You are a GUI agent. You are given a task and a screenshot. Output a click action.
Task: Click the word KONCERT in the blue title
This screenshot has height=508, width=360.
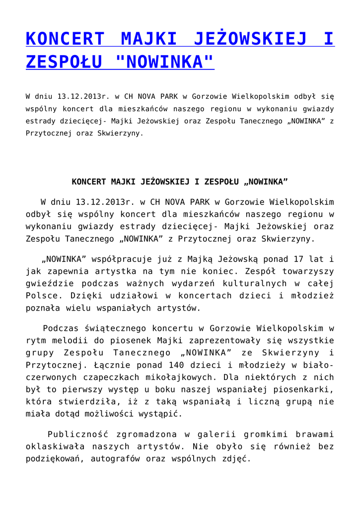(x=65, y=39)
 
